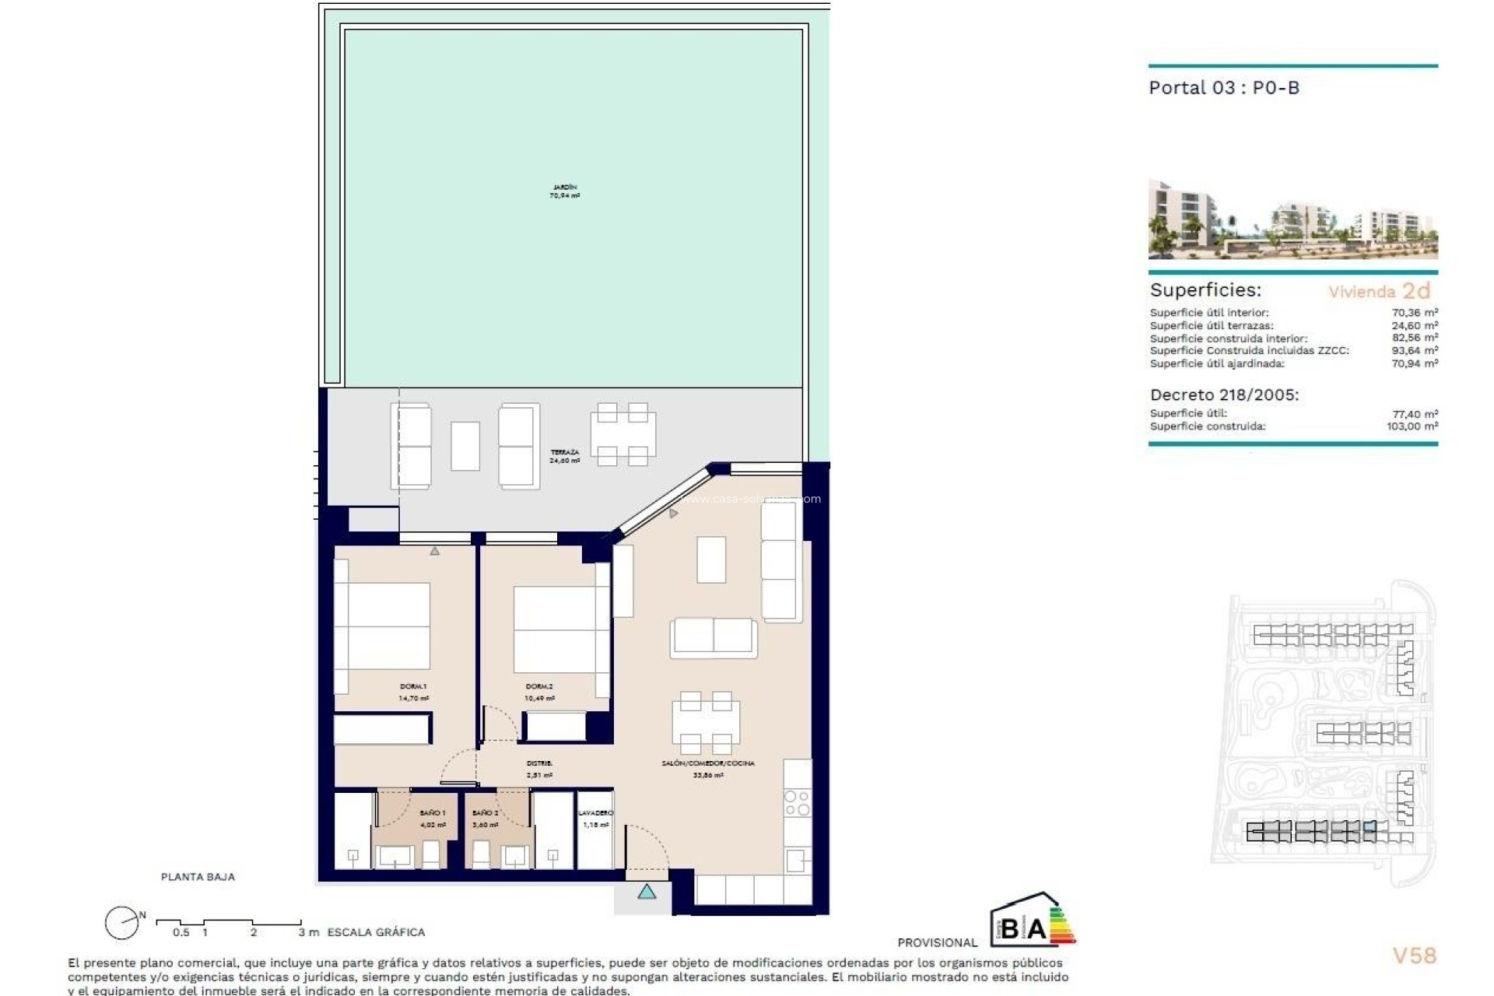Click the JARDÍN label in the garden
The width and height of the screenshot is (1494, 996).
(x=565, y=191)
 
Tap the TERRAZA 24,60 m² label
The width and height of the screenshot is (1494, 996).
(x=565, y=457)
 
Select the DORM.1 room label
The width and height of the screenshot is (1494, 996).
(x=413, y=692)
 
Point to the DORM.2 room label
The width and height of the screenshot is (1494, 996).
(x=539, y=692)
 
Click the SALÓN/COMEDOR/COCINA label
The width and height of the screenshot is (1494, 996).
(x=708, y=769)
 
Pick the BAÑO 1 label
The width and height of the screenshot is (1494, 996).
(x=433, y=819)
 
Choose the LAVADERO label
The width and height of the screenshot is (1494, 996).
(x=595, y=818)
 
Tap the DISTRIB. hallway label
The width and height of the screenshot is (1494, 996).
(x=539, y=769)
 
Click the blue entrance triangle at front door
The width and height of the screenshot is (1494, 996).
(x=647, y=893)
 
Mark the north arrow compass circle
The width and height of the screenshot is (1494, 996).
(x=121, y=924)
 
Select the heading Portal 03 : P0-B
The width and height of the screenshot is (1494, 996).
(x=1224, y=88)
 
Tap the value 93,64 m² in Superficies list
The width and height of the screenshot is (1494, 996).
(x=1414, y=351)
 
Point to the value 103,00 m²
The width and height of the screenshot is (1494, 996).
(x=1412, y=426)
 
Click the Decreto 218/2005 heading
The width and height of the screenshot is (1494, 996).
(x=1224, y=395)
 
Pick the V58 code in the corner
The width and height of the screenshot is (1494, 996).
(x=1414, y=956)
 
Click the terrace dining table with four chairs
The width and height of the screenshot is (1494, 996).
(x=622, y=434)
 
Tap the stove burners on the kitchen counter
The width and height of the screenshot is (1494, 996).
(x=798, y=803)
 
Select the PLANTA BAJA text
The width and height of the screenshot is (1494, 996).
(x=198, y=877)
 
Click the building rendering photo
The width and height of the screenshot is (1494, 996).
(x=1292, y=220)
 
